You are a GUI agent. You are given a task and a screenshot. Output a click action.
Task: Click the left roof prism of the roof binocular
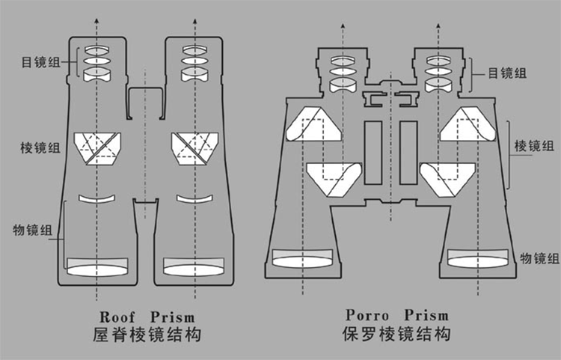(x=98, y=147)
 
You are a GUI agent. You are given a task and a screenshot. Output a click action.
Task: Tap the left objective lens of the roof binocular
(x=98, y=265)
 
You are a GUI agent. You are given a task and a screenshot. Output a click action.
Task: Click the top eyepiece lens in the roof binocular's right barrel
(x=194, y=50)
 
